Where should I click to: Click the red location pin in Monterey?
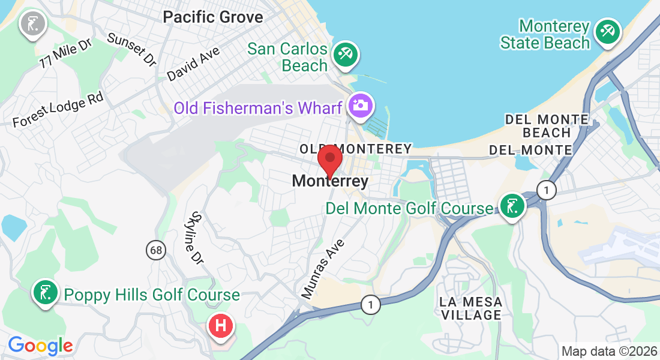coord(329,158)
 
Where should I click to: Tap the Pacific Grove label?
coord(213,17)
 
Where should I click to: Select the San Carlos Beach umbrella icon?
coord(345,54)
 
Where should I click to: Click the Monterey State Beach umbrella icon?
coord(608,31)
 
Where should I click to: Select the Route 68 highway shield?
coord(156,250)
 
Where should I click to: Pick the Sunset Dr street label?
coord(131,49)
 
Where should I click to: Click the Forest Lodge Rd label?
coord(58,109)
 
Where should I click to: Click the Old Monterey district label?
coord(356,148)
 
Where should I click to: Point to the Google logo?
coord(40,346)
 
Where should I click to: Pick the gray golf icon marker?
coord(29,24)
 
